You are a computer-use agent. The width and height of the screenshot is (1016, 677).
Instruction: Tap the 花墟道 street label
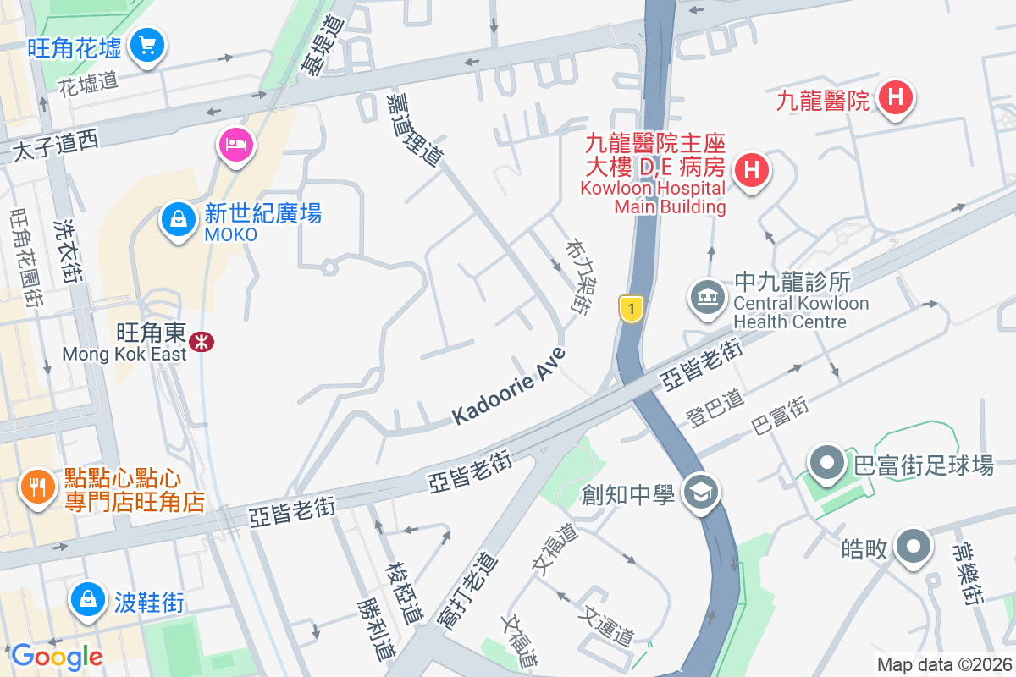[88, 82]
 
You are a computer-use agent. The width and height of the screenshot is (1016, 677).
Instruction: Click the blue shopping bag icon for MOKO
[179, 219]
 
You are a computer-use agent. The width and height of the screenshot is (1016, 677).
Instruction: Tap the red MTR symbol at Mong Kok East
[202, 342]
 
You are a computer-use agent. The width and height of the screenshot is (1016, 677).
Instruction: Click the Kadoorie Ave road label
[508, 386]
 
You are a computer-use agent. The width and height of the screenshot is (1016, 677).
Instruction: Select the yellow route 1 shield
[630, 309]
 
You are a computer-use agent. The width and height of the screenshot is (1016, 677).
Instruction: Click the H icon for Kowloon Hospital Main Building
[750, 169]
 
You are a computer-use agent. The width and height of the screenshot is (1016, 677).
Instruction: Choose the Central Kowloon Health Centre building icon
[705, 297]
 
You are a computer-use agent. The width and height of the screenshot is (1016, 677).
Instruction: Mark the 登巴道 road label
[715, 407]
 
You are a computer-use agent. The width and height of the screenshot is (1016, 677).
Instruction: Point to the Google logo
[57, 656]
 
